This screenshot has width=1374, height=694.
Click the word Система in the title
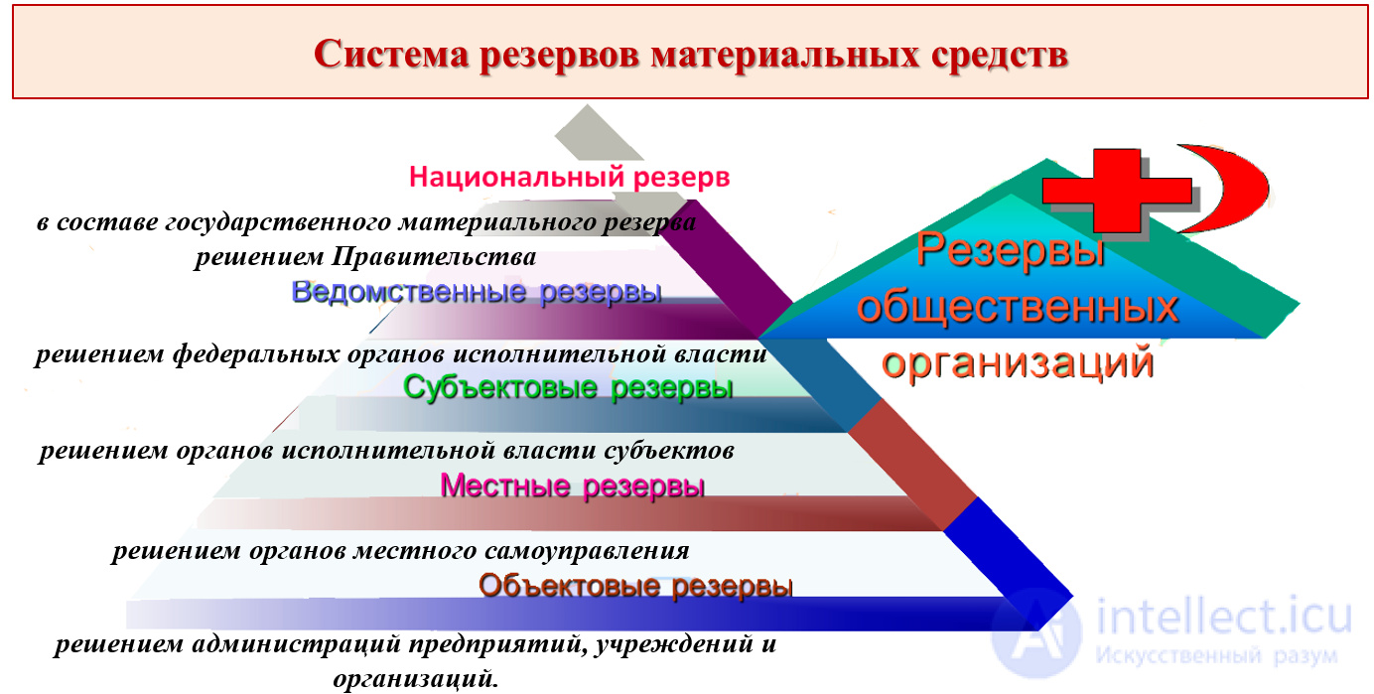tap(389, 54)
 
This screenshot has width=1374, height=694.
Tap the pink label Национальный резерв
tap(569, 178)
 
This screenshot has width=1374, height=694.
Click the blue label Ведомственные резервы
tap(477, 292)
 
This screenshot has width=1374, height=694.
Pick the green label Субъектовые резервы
tap(568, 387)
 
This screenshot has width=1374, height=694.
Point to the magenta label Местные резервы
tap(572, 486)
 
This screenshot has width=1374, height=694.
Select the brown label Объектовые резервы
tap(635, 586)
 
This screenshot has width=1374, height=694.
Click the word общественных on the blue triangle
tap(1017, 308)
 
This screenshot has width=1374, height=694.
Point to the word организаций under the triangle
tap(1018, 363)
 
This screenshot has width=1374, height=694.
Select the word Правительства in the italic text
tap(435, 257)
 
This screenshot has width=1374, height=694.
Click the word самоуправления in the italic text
tap(585, 549)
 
